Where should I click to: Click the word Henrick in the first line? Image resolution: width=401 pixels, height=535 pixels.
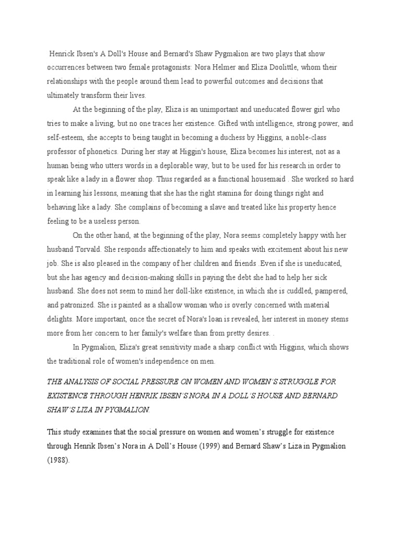click(63, 54)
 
